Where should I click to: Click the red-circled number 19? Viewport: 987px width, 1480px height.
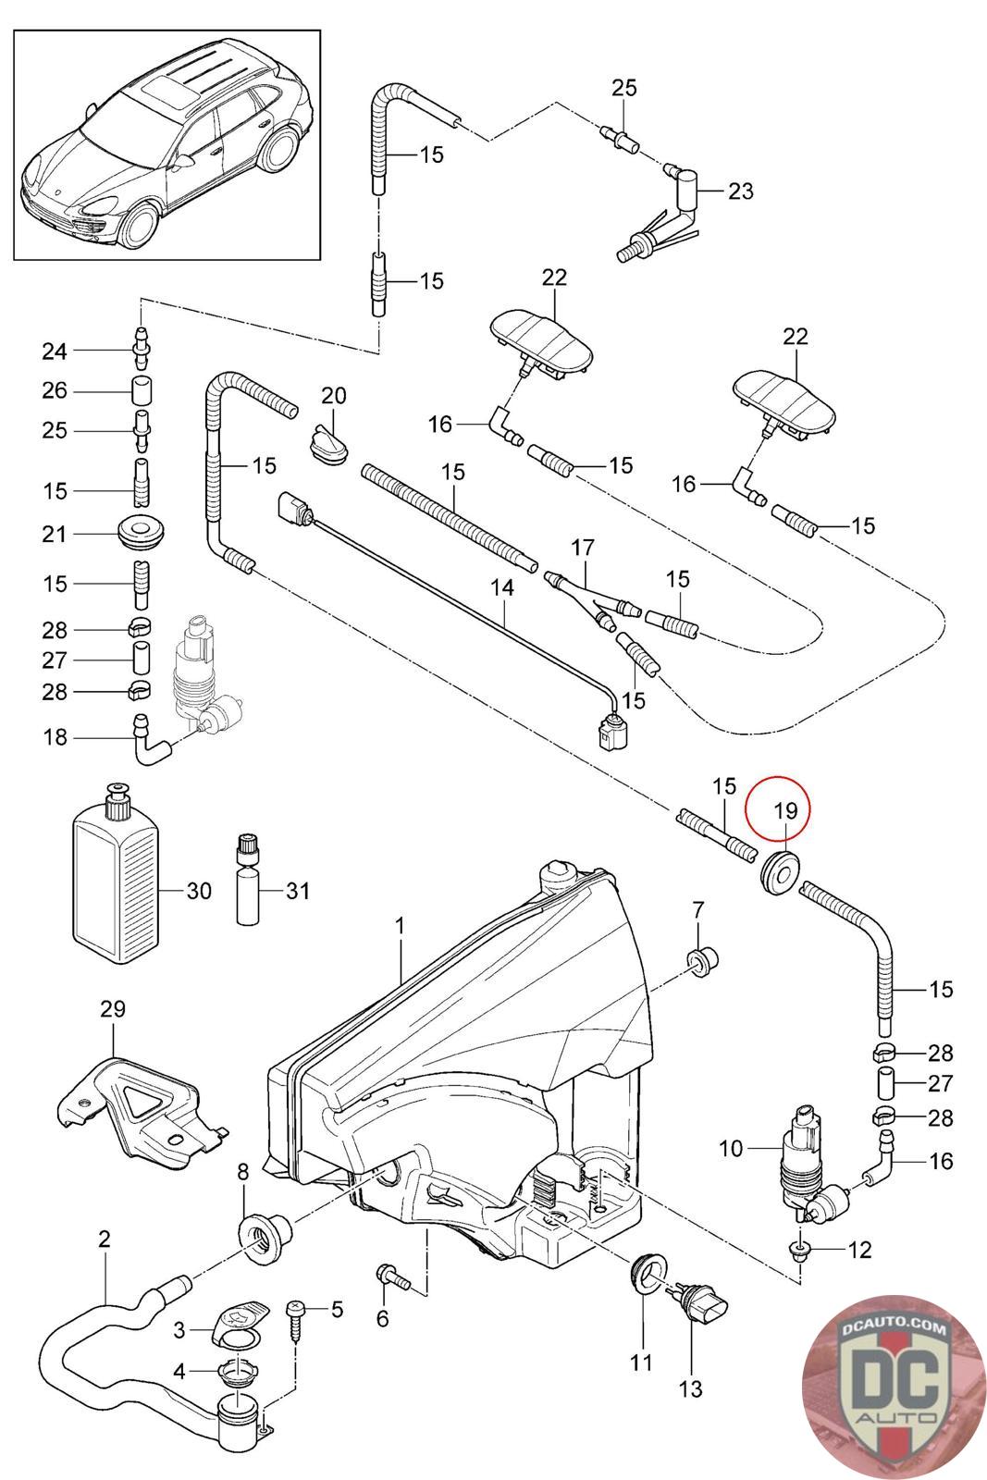coord(784,811)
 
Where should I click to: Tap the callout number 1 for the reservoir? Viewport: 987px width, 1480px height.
coord(400,925)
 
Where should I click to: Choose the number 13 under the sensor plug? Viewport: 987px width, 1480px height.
coord(690,1388)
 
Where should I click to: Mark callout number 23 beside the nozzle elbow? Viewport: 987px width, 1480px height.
coord(741,191)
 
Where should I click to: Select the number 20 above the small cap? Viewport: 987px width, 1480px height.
coord(333,397)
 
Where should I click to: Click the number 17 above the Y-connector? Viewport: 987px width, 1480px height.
coord(583,549)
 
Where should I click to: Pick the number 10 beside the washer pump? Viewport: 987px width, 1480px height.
coord(731,1149)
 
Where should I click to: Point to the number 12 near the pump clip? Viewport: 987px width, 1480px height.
coord(859,1251)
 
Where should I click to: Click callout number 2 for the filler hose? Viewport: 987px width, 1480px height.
coord(104,1239)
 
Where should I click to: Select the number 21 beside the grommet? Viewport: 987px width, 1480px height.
coord(55,535)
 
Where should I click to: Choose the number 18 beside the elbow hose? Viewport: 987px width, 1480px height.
coord(55,737)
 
